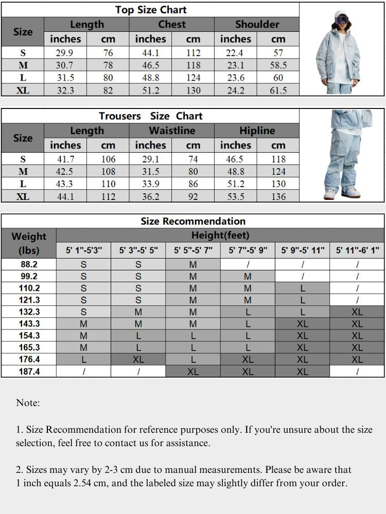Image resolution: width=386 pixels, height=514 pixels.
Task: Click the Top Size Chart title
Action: (x=150, y=9)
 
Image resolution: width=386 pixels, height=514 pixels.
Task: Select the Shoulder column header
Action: (x=257, y=24)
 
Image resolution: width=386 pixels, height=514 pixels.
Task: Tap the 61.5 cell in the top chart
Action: (x=278, y=90)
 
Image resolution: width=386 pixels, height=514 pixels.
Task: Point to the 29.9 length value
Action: (x=65, y=53)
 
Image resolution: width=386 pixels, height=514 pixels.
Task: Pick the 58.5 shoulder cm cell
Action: (x=278, y=65)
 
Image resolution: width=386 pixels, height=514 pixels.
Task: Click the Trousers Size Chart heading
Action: (x=150, y=116)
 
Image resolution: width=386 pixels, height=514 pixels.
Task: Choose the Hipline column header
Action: (x=257, y=131)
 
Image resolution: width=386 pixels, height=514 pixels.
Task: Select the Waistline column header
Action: (x=171, y=131)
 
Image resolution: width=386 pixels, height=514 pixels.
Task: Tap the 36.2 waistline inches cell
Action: (x=150, y=196)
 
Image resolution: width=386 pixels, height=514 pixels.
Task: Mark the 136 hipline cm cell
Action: (x=278, y=196)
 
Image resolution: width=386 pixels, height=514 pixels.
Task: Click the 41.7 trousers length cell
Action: (x=65, y=159)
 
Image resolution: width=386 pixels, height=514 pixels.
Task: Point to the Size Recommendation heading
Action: (x=193, y=221)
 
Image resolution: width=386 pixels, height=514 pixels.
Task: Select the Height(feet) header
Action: (x=220, y=235)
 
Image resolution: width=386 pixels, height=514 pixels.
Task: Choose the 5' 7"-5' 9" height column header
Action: (x=248, y=251)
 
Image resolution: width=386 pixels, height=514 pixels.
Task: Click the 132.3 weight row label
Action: (x=29, y=312)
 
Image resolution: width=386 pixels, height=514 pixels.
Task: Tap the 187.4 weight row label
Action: (x=29, y=371)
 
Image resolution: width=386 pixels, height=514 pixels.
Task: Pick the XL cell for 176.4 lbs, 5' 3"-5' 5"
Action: (x=138, y=359)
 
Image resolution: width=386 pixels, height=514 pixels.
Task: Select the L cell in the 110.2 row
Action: (x=303, y=288)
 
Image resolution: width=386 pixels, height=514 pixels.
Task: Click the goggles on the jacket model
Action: (x=341, y=21)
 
